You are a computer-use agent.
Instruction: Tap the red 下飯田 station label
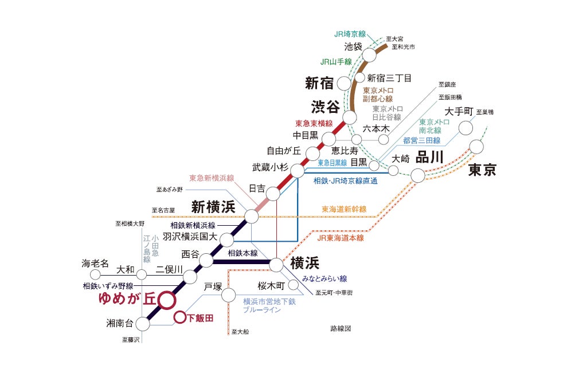click(200, 318)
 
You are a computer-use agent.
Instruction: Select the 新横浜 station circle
click(251, 216)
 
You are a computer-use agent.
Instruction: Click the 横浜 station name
click(304, 262)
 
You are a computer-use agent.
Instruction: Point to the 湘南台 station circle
click(143, 323)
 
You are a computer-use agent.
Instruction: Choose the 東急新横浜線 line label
click(212, 178)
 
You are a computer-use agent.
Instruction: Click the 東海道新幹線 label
click(343, 209)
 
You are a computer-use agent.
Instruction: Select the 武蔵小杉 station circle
click(297, 171)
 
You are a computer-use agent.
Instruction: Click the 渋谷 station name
click(325, 107)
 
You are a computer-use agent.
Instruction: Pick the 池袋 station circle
click(370, 54)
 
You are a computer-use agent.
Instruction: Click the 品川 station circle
click(418, 175)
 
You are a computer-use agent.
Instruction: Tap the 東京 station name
click(482, 170)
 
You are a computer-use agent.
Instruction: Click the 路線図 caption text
click(340, 329)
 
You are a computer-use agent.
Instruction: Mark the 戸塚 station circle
click(228, 295)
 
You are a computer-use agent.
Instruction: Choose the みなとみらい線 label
click(324, 279)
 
